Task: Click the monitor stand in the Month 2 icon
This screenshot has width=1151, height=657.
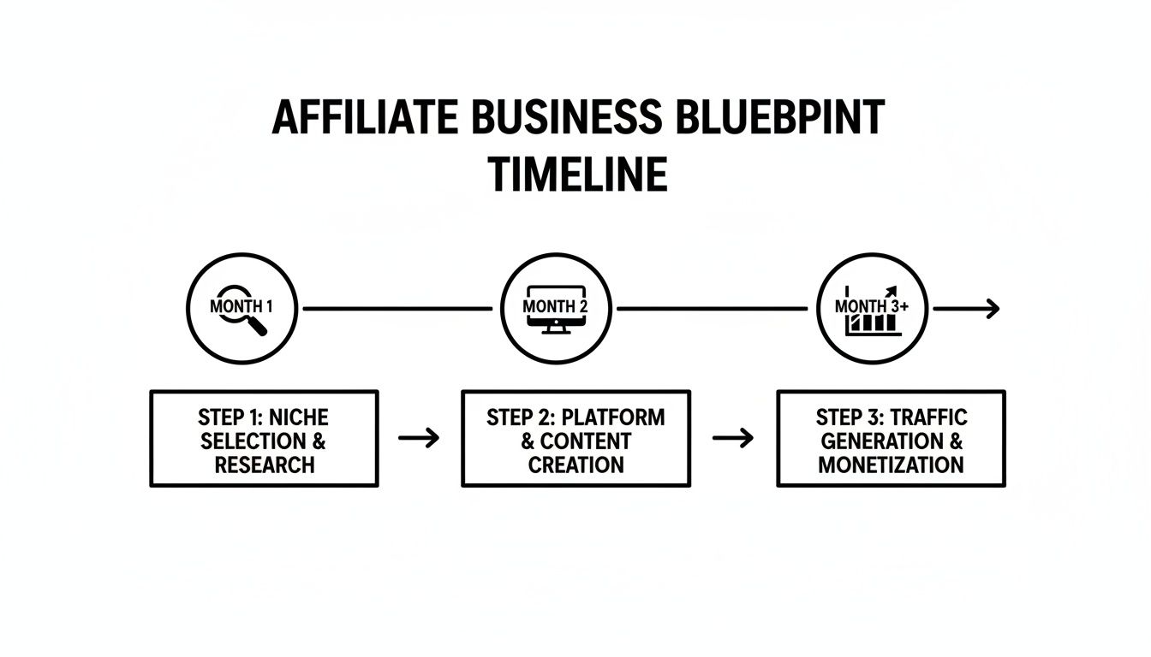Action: pyautogui.click(x=554, y=328)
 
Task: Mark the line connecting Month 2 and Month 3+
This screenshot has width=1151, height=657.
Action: pyautogui.click(x=713, y=308)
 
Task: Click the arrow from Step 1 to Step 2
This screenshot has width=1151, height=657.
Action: pyautogui.click(x=420, y=438)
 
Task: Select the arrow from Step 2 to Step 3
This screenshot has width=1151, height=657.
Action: pyautogui.click(x=733, y=438)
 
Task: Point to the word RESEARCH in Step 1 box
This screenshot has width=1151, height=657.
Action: pyautogui.click(x=265, y=465)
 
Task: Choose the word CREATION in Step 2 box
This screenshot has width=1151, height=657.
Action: pyautogui.click(x=575, y=465)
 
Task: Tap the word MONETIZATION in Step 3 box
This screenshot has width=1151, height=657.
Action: pyautogui.click(x=891, y=465)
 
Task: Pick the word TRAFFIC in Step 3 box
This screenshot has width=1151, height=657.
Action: pyautogui.click(x=928, y=417)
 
